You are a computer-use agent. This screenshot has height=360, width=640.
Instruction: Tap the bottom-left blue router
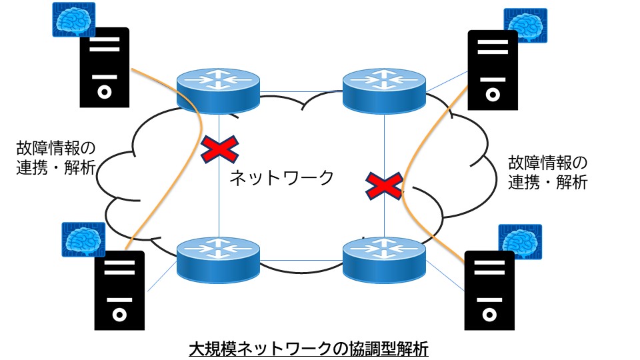[x=217, y=259]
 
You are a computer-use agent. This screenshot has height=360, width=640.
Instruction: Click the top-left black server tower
[x=104, y=67]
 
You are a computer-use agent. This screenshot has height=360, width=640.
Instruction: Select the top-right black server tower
[x=493, y=70]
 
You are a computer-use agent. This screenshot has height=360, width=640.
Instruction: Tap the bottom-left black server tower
[x=119, y=291]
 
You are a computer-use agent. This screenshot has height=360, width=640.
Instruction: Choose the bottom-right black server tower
[x=489, y=291]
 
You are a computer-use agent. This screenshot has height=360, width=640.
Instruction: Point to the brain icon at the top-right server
[x=525, y=25]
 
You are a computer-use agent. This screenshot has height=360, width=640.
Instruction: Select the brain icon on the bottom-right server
[x=521, y=241]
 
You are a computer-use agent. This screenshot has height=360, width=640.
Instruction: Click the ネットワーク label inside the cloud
[x=281, y=177]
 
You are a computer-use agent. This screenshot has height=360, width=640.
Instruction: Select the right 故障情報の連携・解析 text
[x=547, y=173]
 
